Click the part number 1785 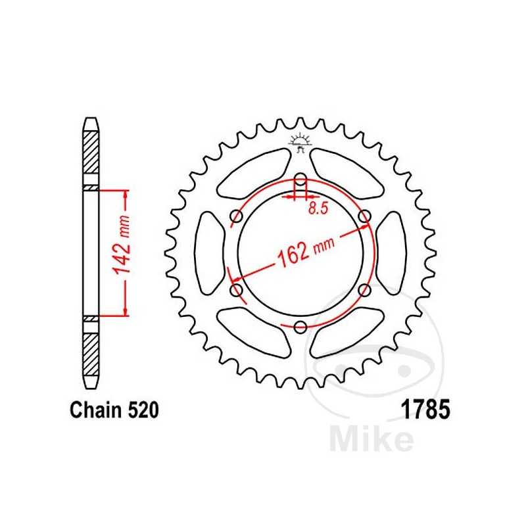pyautogui.click(x=425, y=411)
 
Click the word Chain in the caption pyautogui.click(x=95, y=412)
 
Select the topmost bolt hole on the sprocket pyautogui.click(x=300, y=179)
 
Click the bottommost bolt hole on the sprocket pyautogui.click(x=300, y=327)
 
